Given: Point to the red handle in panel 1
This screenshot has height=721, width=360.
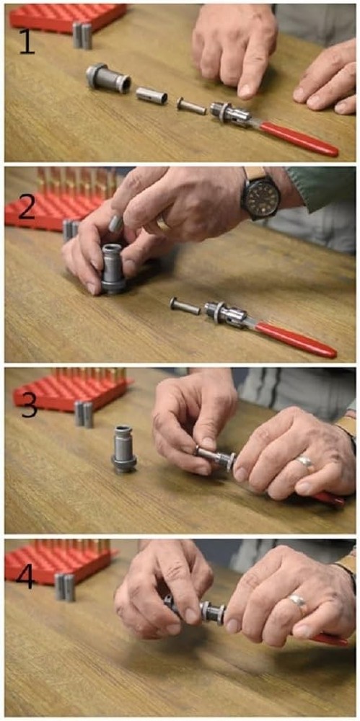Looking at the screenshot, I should coord(298,139).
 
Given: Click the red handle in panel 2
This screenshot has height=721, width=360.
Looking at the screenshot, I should coord(296,339).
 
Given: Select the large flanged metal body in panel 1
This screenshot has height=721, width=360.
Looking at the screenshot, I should coord(107,77).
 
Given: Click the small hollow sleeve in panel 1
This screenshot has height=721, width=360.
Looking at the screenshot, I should coord(151,94).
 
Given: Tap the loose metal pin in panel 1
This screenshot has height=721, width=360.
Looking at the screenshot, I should coord(191,107).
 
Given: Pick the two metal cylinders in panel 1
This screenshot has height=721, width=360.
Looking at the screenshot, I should coord(82,35).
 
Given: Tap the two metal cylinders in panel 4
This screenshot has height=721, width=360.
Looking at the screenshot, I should coord(64,586).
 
